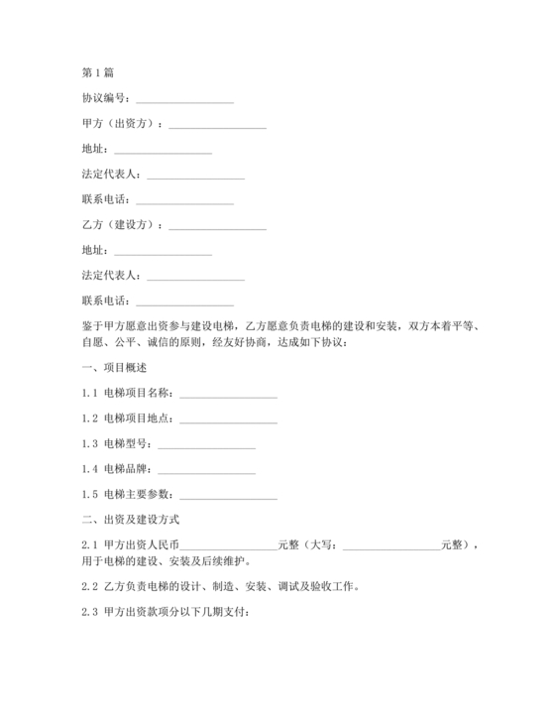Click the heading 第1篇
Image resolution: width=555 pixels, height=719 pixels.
pyautogui.click(x=97, y=72)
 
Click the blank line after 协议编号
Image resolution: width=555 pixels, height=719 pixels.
pyautogui.click(x=184, y=99)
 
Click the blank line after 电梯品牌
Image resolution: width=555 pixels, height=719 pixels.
pyautogui.click(x=206, y=468)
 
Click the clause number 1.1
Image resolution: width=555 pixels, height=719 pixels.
pyautogui.click(x=89, y=394)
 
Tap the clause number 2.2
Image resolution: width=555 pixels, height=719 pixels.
pyautogui.click(x=89, y=586)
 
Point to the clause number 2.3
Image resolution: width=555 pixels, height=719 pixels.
pyautogui.click(x=89, y=611)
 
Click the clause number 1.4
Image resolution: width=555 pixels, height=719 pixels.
pyautogui.click(x=89, y=468)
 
